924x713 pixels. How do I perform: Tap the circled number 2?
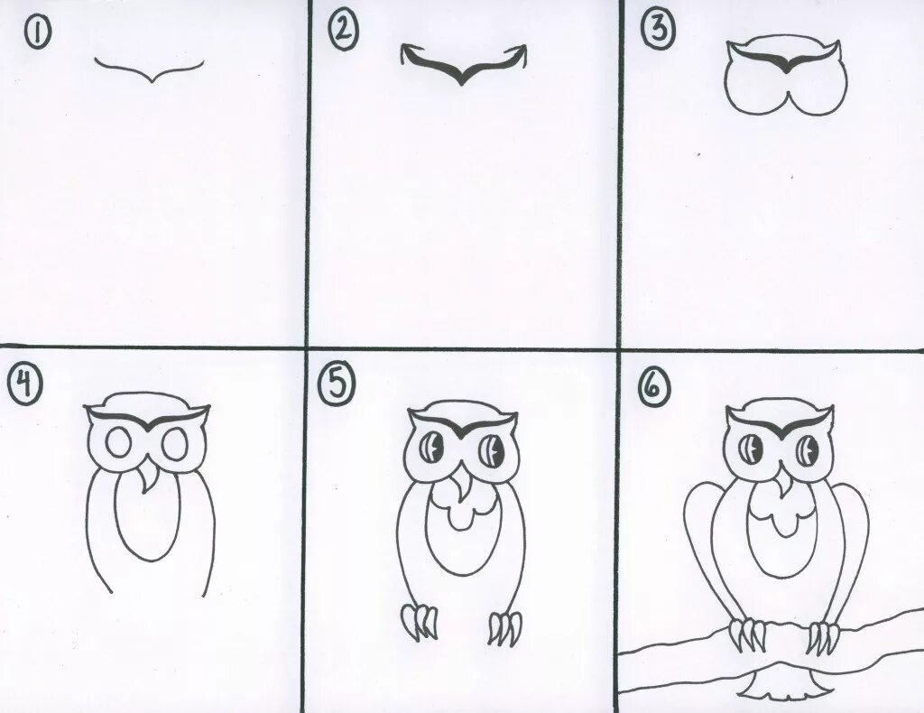pyautogui.click(x=343, y=31)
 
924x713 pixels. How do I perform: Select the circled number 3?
pyautogui.click(x=657, y=31)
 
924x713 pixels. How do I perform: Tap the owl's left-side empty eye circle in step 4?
pyautogui.click(x=118, y=443)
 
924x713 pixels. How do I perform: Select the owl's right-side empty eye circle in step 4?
pyautogui.click(x=175, y=445)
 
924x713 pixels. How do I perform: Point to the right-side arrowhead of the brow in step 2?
pyautogui.click(x=520, y=54)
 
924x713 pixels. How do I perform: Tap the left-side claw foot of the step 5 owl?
pyautogui.click(x=420, y=622)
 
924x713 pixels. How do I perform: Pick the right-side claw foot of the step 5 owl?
pyautogui.click(x=505, y=628)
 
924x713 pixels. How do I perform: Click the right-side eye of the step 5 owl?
pyautogui.click(x=491, y=452)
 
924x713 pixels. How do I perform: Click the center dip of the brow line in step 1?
pyautogui.click(x=152, y=79)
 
